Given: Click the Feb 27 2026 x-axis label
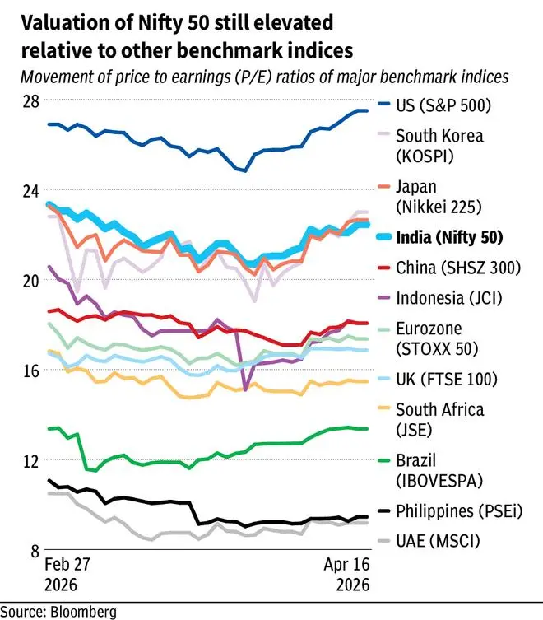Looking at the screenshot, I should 64,576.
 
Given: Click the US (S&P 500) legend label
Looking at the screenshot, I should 443,105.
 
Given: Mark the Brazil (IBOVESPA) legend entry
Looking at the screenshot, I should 439,470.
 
